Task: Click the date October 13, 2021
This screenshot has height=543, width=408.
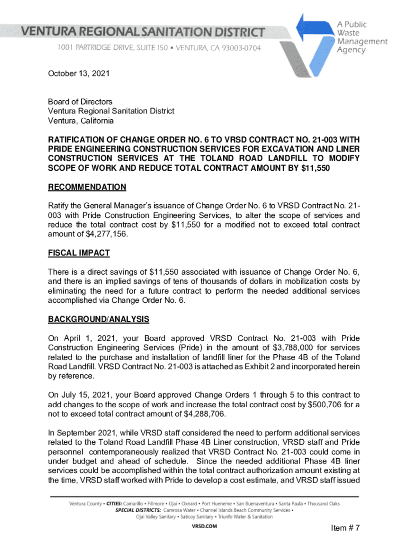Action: pos(78,74)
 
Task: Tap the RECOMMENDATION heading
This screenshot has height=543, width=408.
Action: pos(87,187)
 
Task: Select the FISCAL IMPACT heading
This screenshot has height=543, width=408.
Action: pos(79,253)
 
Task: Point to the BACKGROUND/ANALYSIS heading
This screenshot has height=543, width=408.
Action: pos(99,319)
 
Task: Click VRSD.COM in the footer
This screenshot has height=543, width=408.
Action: pos(203,527)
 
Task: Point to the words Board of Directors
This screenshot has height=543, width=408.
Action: pos(80,102)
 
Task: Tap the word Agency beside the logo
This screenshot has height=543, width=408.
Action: pos(351,50)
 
